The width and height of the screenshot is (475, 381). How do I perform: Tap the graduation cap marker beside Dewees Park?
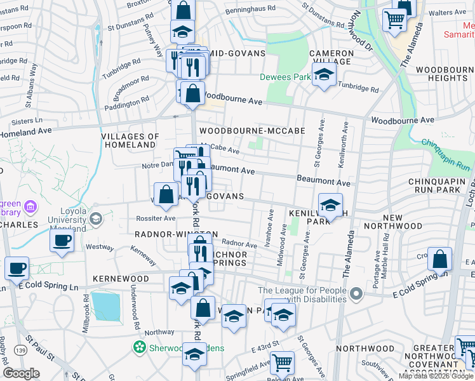(324, 75)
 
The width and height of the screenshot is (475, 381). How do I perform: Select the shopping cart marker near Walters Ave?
(394, 20)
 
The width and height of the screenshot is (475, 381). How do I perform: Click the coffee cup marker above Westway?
(62, 241)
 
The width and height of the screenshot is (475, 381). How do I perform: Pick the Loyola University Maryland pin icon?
(96, 219)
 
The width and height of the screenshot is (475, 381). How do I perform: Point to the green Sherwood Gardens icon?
(138, 347)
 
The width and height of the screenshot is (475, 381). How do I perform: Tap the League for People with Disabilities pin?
(356, 294)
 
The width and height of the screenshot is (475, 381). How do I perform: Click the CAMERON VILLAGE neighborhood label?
(331, 58)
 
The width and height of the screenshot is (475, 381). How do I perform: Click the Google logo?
(21, 373)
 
